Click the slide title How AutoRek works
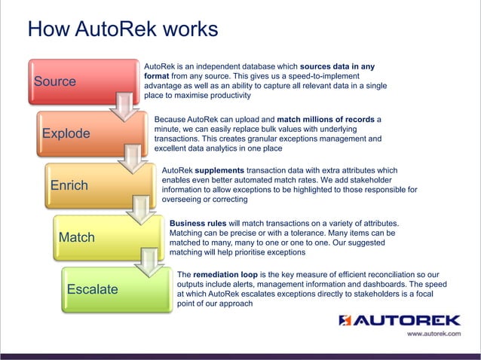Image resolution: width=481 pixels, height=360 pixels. pos(122,29)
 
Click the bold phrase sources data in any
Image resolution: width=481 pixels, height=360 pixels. pos(337,66)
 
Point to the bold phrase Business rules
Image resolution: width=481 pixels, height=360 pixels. pos(195,224)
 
